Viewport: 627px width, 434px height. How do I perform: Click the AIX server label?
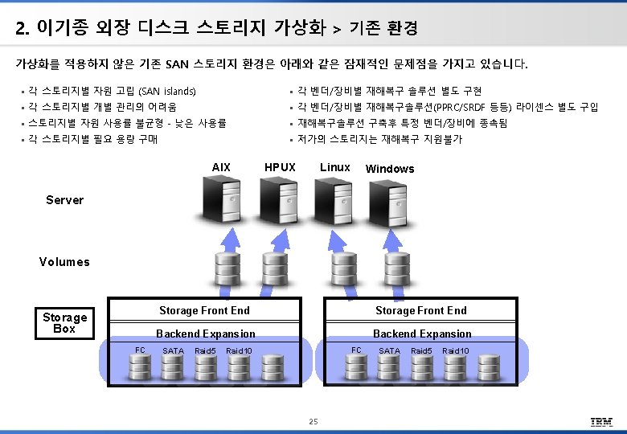(x=221, y=167)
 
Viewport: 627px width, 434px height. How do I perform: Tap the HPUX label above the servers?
(x=280, y=167)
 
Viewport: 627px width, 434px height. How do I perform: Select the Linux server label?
(x=334, y=167)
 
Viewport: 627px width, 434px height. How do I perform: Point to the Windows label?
(x=390, y=169)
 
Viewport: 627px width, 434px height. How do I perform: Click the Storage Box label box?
(x=64, y=323)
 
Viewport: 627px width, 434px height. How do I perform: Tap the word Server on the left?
(x=64, y=200)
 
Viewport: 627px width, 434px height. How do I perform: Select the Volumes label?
(x=64, y=262)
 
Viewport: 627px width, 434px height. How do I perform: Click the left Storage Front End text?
(x=204, y=311)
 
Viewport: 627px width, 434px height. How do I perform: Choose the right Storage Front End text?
(x=420, y=311)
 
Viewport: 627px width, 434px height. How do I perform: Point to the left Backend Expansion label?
(x=205, y=334)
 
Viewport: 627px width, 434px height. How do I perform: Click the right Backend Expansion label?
(x=422, y=334)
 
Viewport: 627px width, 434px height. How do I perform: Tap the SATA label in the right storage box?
(x=389, y=351)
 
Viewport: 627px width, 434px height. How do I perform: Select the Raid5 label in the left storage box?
(x=205, y=351)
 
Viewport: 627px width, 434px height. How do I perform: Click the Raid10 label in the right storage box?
(x=456, y=351)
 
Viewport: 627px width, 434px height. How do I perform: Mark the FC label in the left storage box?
(x=140, y=350)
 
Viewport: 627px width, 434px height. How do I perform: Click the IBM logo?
(x=601, y=422)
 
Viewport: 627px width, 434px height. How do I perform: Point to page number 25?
(x=313, y=422)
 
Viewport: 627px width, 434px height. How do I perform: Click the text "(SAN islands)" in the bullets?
(x=167, y=92)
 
